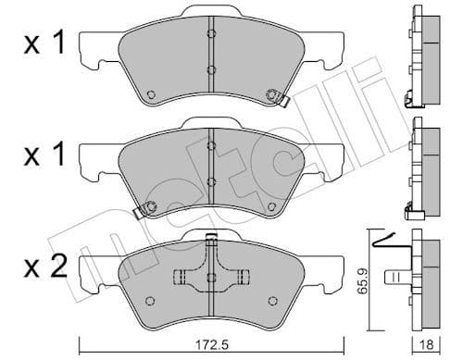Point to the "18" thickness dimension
coord(428,347)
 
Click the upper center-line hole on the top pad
coord(211,35)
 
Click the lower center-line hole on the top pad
coord(211,69)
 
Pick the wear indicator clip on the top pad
coord(275,94)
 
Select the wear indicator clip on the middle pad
coord(143,212)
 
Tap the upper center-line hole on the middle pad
coord(211,148)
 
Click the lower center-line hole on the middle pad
coord(211,181)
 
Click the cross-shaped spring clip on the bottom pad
coord(211,275)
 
